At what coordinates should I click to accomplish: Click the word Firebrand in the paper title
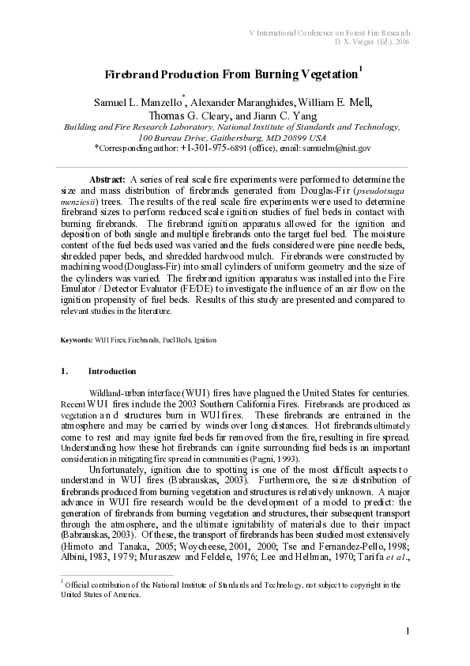(x=131, y=74)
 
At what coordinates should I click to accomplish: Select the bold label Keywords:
(x=77, y=340)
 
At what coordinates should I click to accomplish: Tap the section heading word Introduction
(x=111, y=372)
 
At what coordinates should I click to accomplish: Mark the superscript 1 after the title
(x=360, y=69)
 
